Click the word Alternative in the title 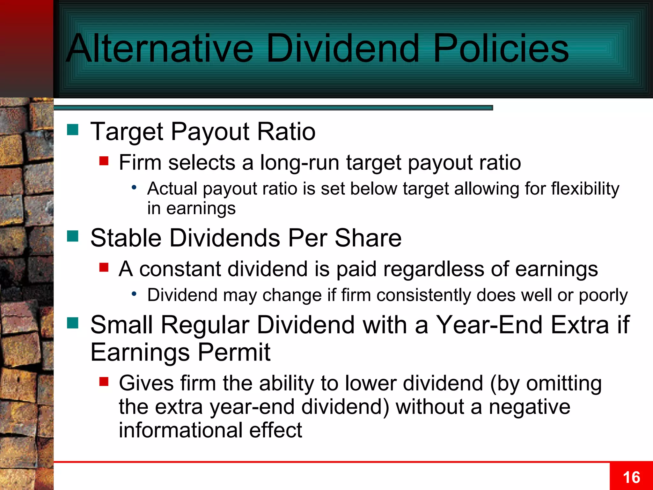pos(159,48)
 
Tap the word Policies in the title pos(501,48)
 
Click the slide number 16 pos(631,478)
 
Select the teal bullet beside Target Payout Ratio pos(73,130)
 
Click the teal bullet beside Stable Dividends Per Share pos(73,236)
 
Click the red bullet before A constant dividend pos(104,267)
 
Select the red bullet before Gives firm pos(104,381)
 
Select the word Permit pos(234,352)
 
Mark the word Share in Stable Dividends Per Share pos(368,238)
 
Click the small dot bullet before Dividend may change pos(134,294)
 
